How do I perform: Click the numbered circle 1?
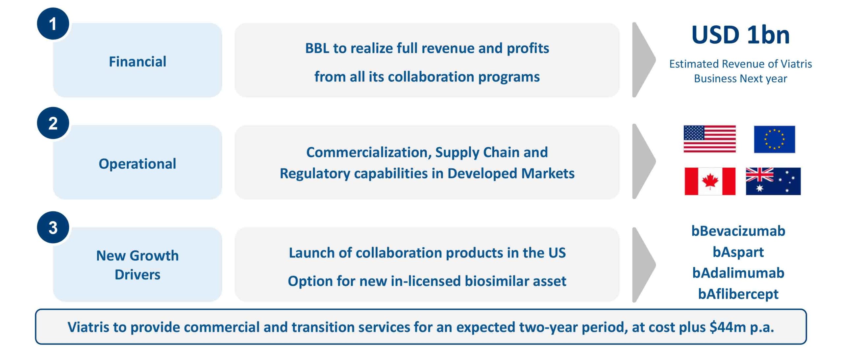[53, 24]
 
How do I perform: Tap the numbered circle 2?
[53, 123]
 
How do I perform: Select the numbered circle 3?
[53, 227]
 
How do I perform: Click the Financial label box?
[137, 60]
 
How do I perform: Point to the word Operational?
[137, 164]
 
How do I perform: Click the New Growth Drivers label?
[137, 265]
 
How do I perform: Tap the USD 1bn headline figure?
[740, 35]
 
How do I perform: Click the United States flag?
[709, 139]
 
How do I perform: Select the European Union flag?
[774, 139]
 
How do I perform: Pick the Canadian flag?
[710, 181]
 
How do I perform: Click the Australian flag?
[773, 181]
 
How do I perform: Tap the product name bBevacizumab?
[738, 231]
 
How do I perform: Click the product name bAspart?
[738, 252]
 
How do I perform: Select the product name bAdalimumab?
[738, 273]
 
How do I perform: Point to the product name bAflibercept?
[738, 294]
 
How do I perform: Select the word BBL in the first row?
[317, 48]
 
